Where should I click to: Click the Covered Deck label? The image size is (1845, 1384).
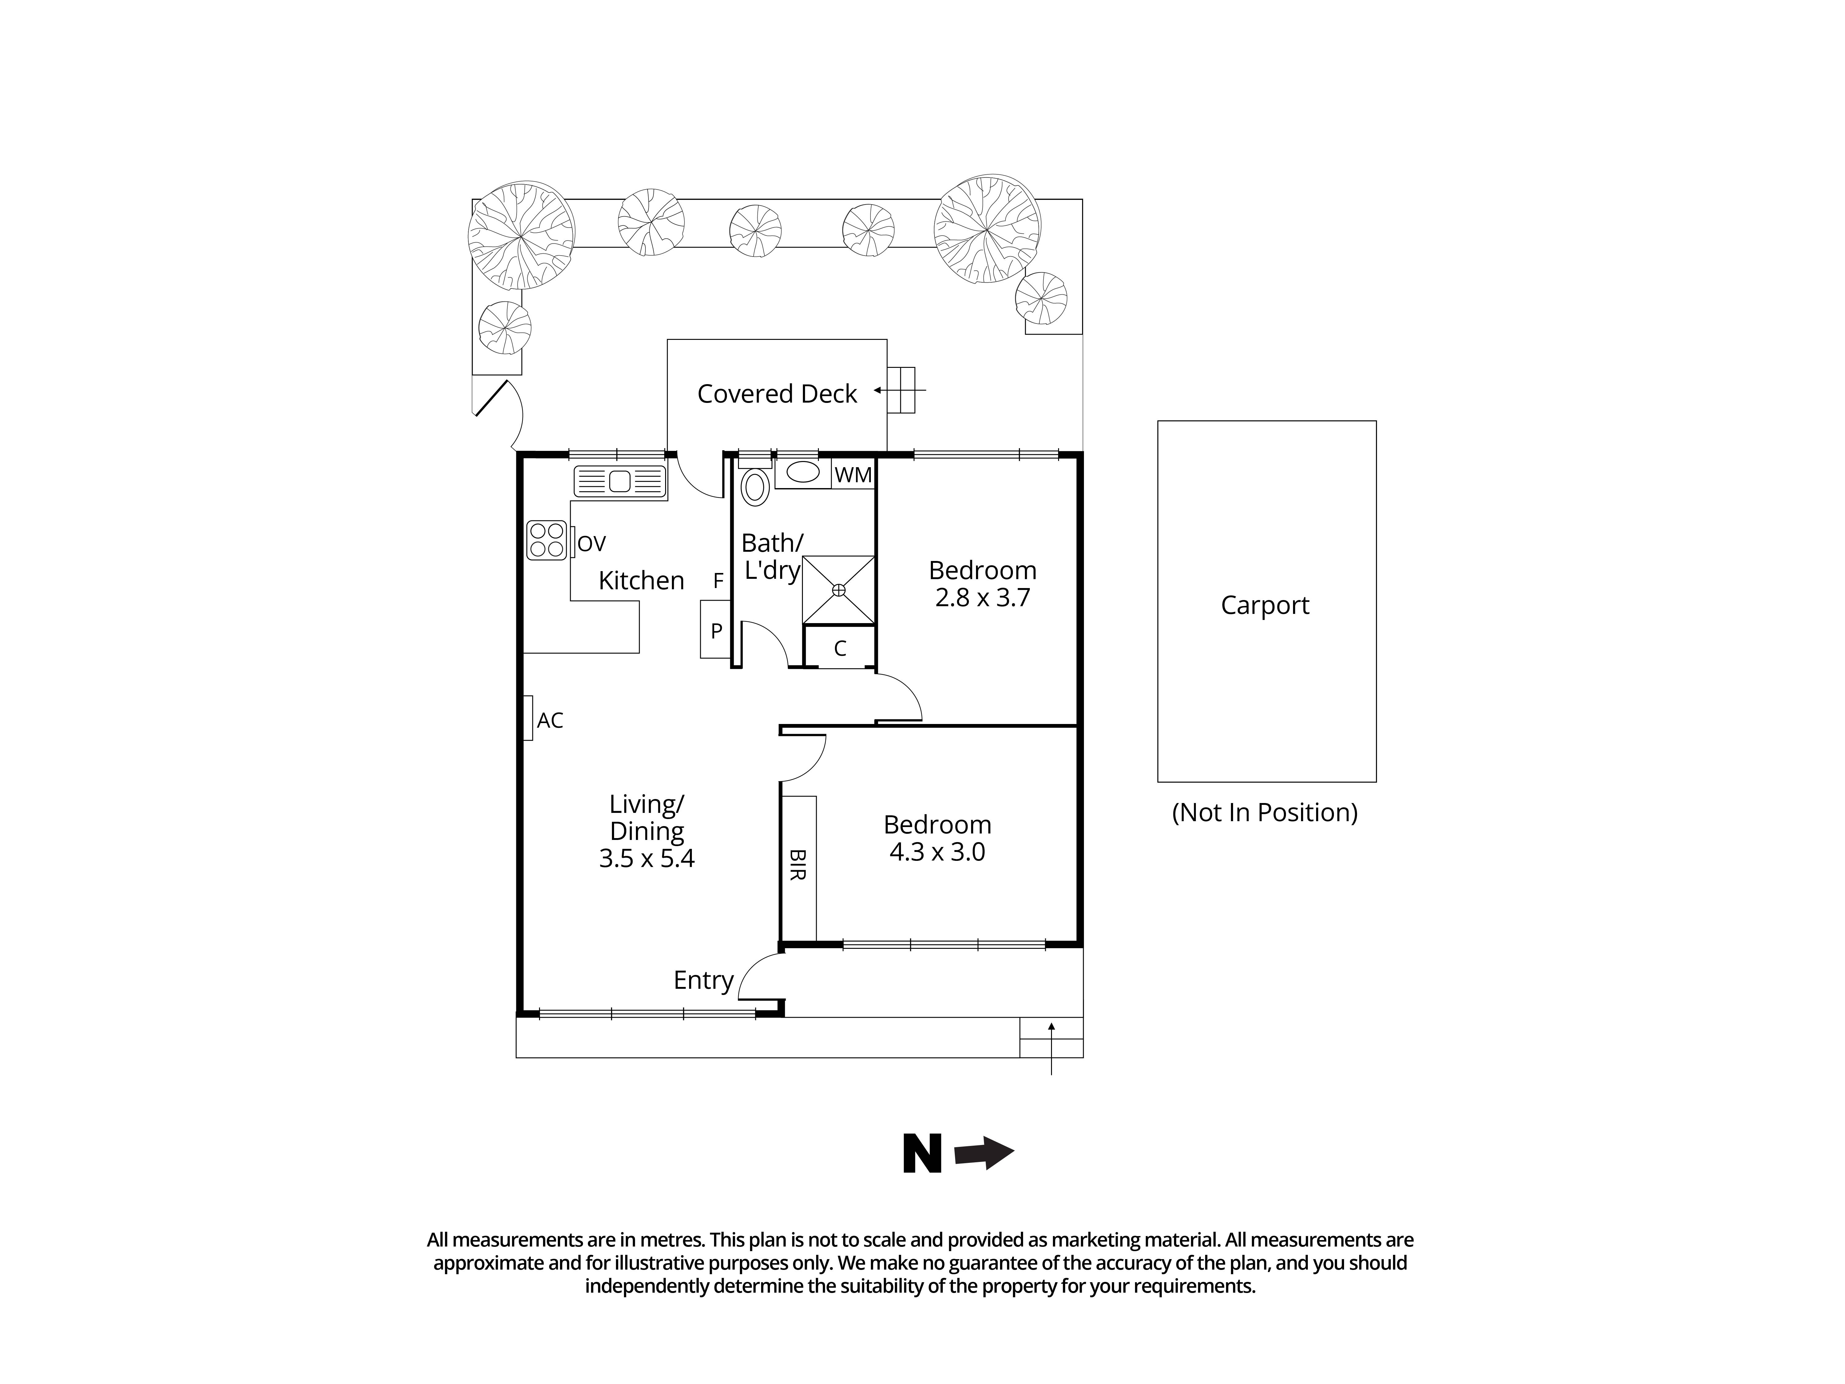pos(776,394)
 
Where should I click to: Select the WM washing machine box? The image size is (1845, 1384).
pos(852,475)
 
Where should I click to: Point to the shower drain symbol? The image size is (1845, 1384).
pos(838,590)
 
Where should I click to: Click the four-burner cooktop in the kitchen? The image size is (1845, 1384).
pos(546,540)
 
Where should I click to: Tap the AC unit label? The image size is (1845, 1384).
pos(549,720)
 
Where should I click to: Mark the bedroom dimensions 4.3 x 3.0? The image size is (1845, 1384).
pos(937,853)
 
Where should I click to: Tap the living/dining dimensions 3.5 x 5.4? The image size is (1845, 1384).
pos(646,858)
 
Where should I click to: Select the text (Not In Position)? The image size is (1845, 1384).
pos(1264,813)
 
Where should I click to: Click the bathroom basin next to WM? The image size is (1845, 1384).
pos(803,472)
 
